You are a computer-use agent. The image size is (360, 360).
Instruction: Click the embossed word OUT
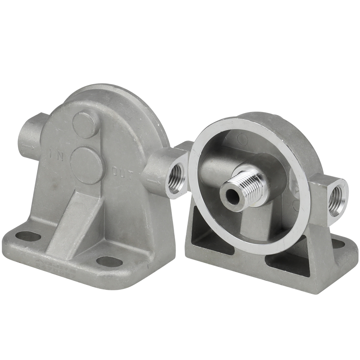(122, 174)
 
